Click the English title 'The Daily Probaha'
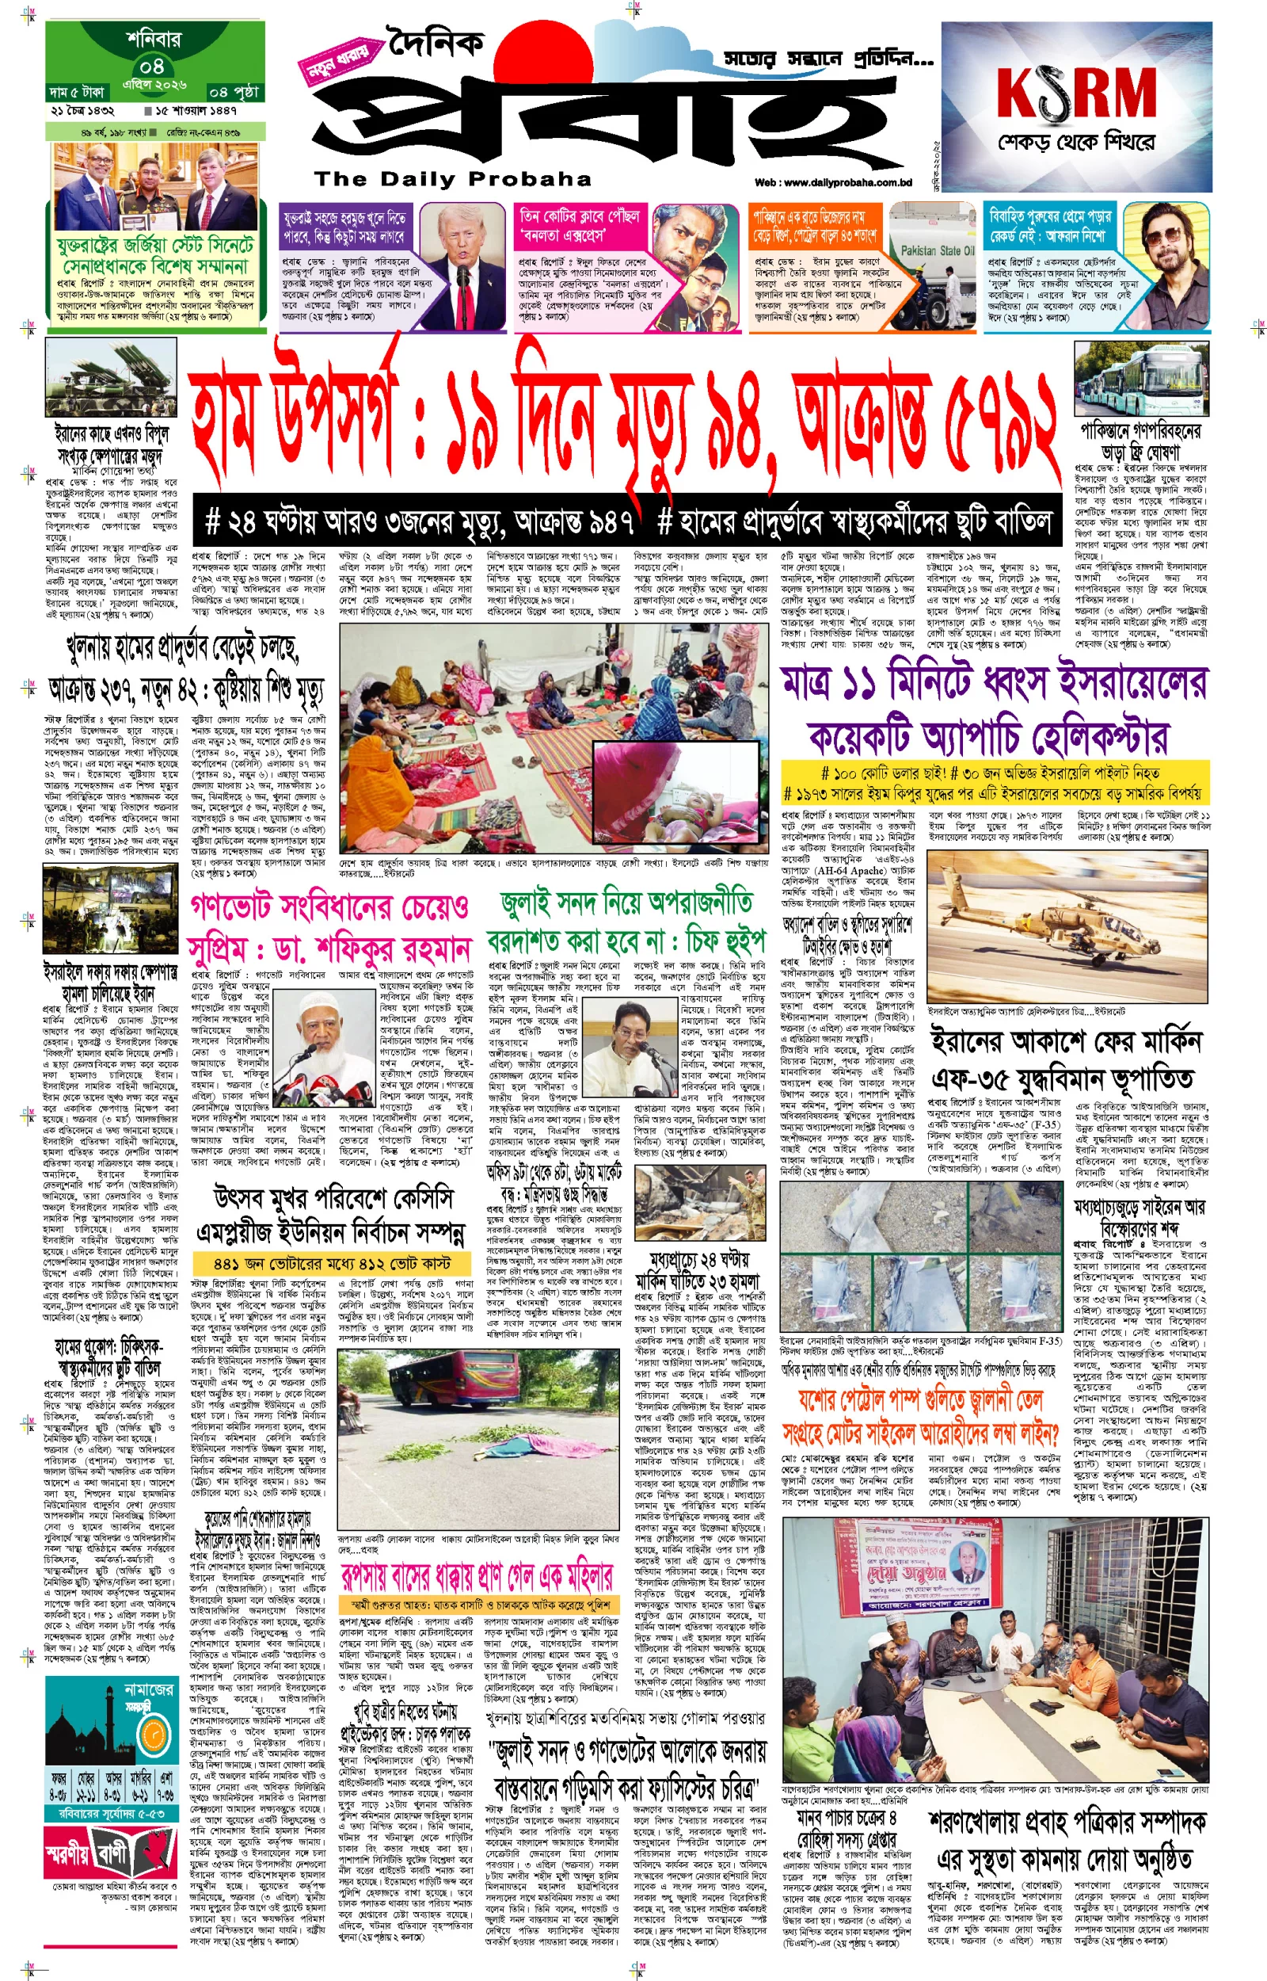click(x=452, y=178)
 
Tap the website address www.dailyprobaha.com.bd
click(x=832, y=183)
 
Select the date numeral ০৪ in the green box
click(x=151, y=66)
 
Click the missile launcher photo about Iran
click(x=111, y=379)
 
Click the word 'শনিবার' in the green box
click(x=154, y=39)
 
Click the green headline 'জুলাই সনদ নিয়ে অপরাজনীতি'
click(x=626, y=902)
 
